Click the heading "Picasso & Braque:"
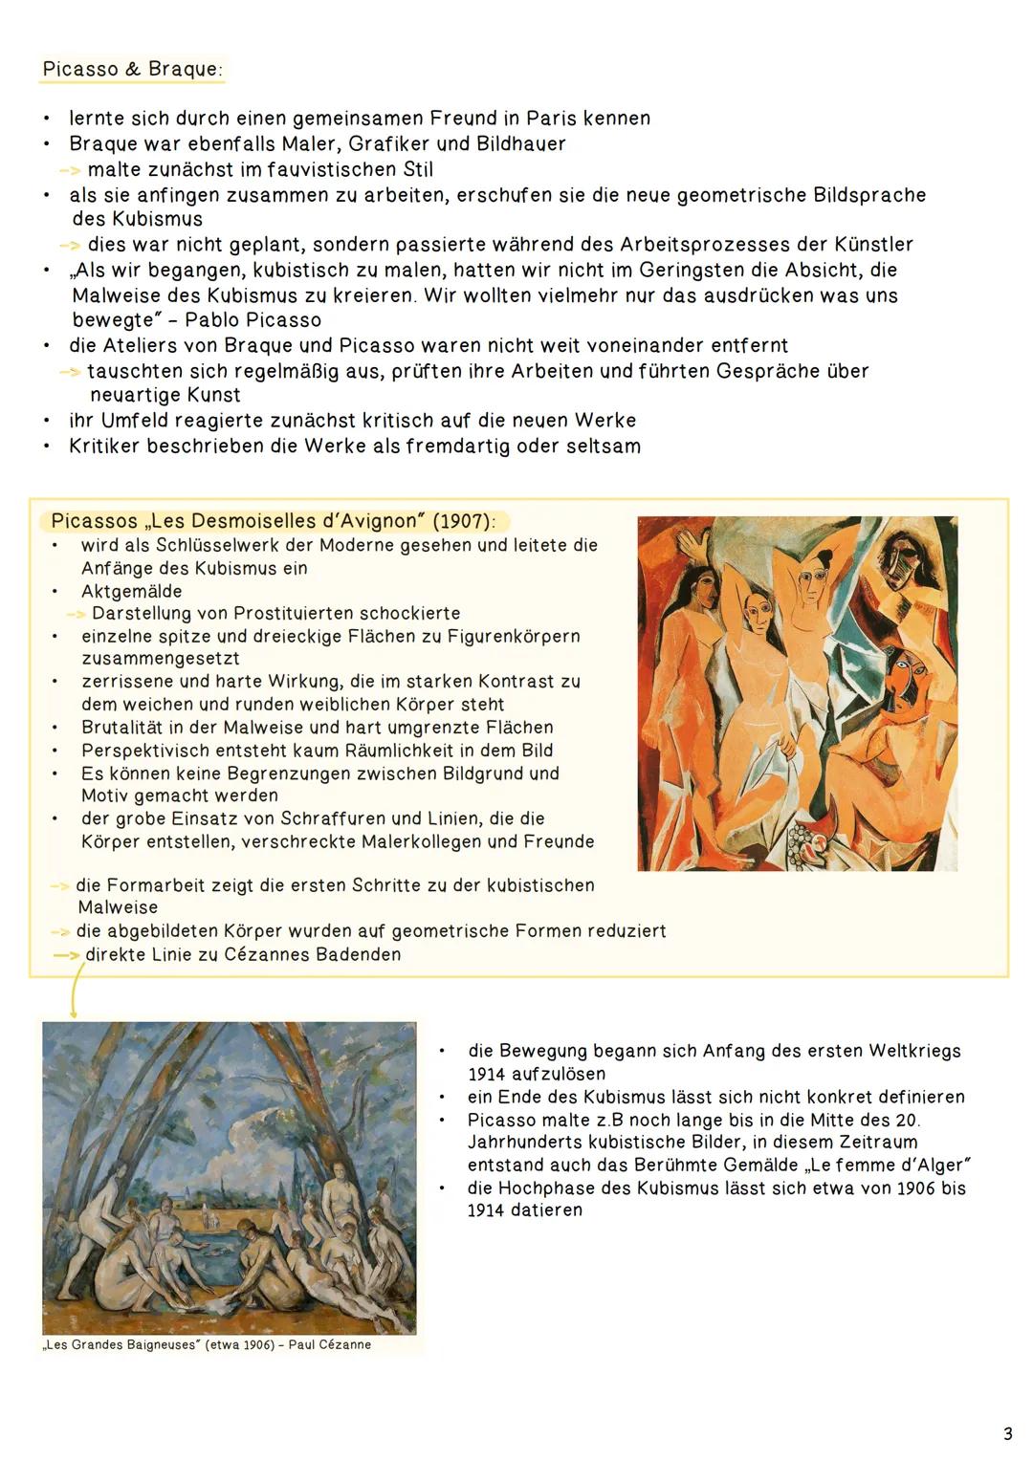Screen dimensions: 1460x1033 [x=133, y=70]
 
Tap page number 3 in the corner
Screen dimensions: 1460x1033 [x=1007, y=1433]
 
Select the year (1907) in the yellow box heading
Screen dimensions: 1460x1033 [x=464, y=521]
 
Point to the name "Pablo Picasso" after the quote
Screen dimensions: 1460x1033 [x=253, y=319]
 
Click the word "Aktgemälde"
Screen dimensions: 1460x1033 [x=131, y=591]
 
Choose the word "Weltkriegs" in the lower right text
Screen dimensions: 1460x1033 [x=914, y=1051]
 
